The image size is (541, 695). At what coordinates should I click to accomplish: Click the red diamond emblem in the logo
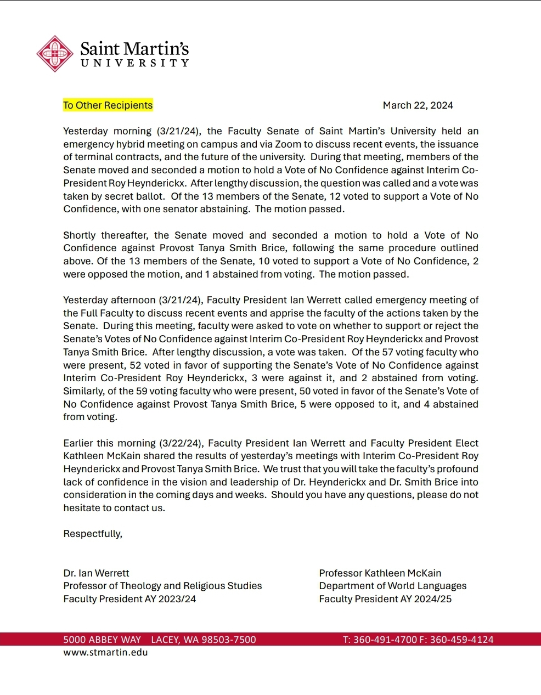click(55, 54)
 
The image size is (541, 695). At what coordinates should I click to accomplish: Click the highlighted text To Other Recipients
click(108, 105)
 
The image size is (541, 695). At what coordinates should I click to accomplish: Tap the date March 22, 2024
click(418, 105)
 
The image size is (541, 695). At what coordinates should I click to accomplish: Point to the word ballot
click(151, 196)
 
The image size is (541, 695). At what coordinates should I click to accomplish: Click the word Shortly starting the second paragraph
click(80, 235)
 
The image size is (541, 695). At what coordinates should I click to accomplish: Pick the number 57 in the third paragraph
click(388, 352)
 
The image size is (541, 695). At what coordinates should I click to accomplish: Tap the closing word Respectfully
click(93, 534)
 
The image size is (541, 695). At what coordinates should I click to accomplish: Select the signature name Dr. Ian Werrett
click(96, 573)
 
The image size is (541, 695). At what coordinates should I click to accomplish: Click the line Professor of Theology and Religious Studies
click(162, 586)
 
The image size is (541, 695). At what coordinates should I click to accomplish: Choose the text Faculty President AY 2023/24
click(129, 599)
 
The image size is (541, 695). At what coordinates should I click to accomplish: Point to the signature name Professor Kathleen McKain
click(380, 573)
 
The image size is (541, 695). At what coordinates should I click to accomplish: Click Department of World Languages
click(393, 586)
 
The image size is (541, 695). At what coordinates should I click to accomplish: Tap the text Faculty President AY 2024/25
click(385, 599)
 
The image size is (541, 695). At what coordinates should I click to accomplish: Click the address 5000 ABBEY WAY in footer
click(102, 640)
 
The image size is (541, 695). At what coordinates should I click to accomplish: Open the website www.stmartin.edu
click(105, 652)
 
